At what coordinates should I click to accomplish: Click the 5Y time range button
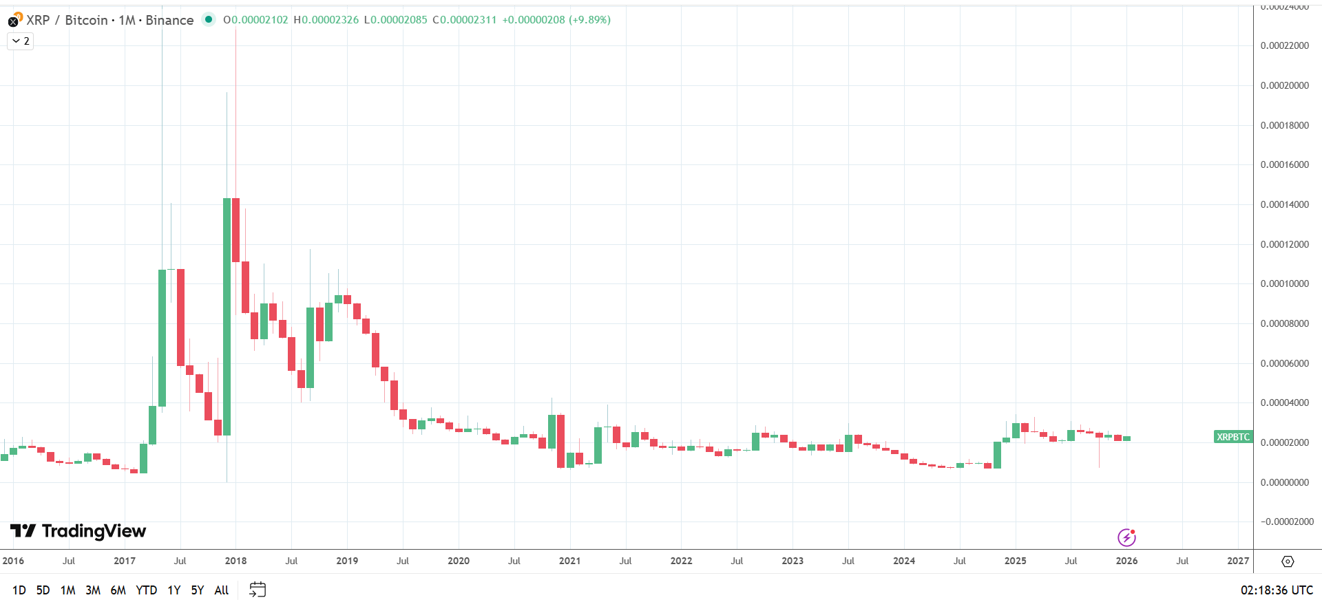coord(198,590)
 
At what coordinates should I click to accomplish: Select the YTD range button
coord(146,590)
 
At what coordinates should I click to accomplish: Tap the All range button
coord(221,590)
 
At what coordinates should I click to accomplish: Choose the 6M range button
coord(118,590)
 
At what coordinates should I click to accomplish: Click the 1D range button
coord(19,590)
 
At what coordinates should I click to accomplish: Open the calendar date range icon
coord(258,590)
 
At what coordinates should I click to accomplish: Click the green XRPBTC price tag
coord(1232,437)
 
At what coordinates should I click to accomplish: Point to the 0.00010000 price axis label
coord(1284,283)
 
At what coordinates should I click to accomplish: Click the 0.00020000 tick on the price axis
coord(1284,85)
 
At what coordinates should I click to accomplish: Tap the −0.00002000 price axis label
coord(1286,522)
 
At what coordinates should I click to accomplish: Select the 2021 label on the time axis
coord(569,561)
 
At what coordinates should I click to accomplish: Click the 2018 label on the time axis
coord(235,561)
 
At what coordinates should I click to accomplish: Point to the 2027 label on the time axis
coord(1237,561)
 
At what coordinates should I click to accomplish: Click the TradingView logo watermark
coord(78,531)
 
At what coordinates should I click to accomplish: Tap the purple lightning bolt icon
coord(1126,537)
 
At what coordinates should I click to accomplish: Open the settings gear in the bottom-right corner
coord(1288,561)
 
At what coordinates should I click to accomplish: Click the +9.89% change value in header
coord(590,20)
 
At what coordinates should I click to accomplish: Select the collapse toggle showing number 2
coord(21,41)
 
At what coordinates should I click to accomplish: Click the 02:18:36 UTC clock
coord(1277,590)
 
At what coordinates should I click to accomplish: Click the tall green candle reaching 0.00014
coord(227,316)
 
